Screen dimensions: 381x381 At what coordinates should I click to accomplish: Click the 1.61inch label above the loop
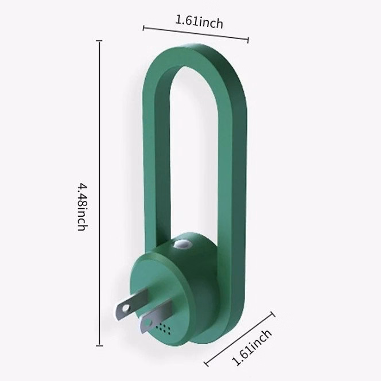[x=199, y=22]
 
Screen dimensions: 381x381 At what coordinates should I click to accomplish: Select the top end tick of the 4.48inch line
[x=100, y=41]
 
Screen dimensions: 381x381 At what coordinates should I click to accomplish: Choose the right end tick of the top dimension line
[x=248, y=40]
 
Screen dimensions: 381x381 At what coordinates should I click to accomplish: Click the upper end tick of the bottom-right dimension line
[x=272, y=314]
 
